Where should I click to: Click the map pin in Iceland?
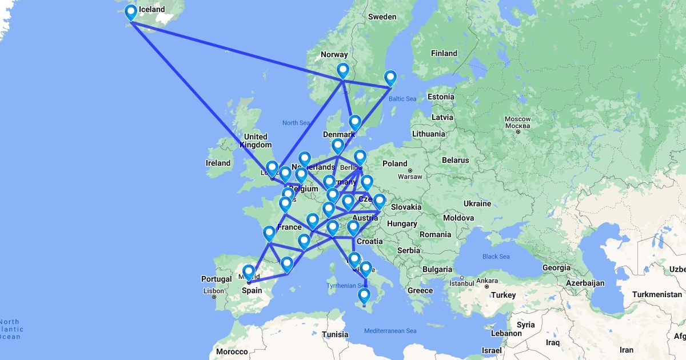click(131, 13)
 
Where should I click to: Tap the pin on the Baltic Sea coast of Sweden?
click(390, 78)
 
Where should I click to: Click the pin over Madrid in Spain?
click(248, 273)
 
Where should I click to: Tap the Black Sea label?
click(496, 257)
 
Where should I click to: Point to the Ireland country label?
click(218, 163)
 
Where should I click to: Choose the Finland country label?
click(444, 54)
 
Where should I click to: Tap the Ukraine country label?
click(477, 203)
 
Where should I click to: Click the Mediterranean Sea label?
click(390, 331)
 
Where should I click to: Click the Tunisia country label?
click(335, 335)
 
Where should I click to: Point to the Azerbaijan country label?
click(583, 283)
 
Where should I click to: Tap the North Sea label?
click(296, 123)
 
